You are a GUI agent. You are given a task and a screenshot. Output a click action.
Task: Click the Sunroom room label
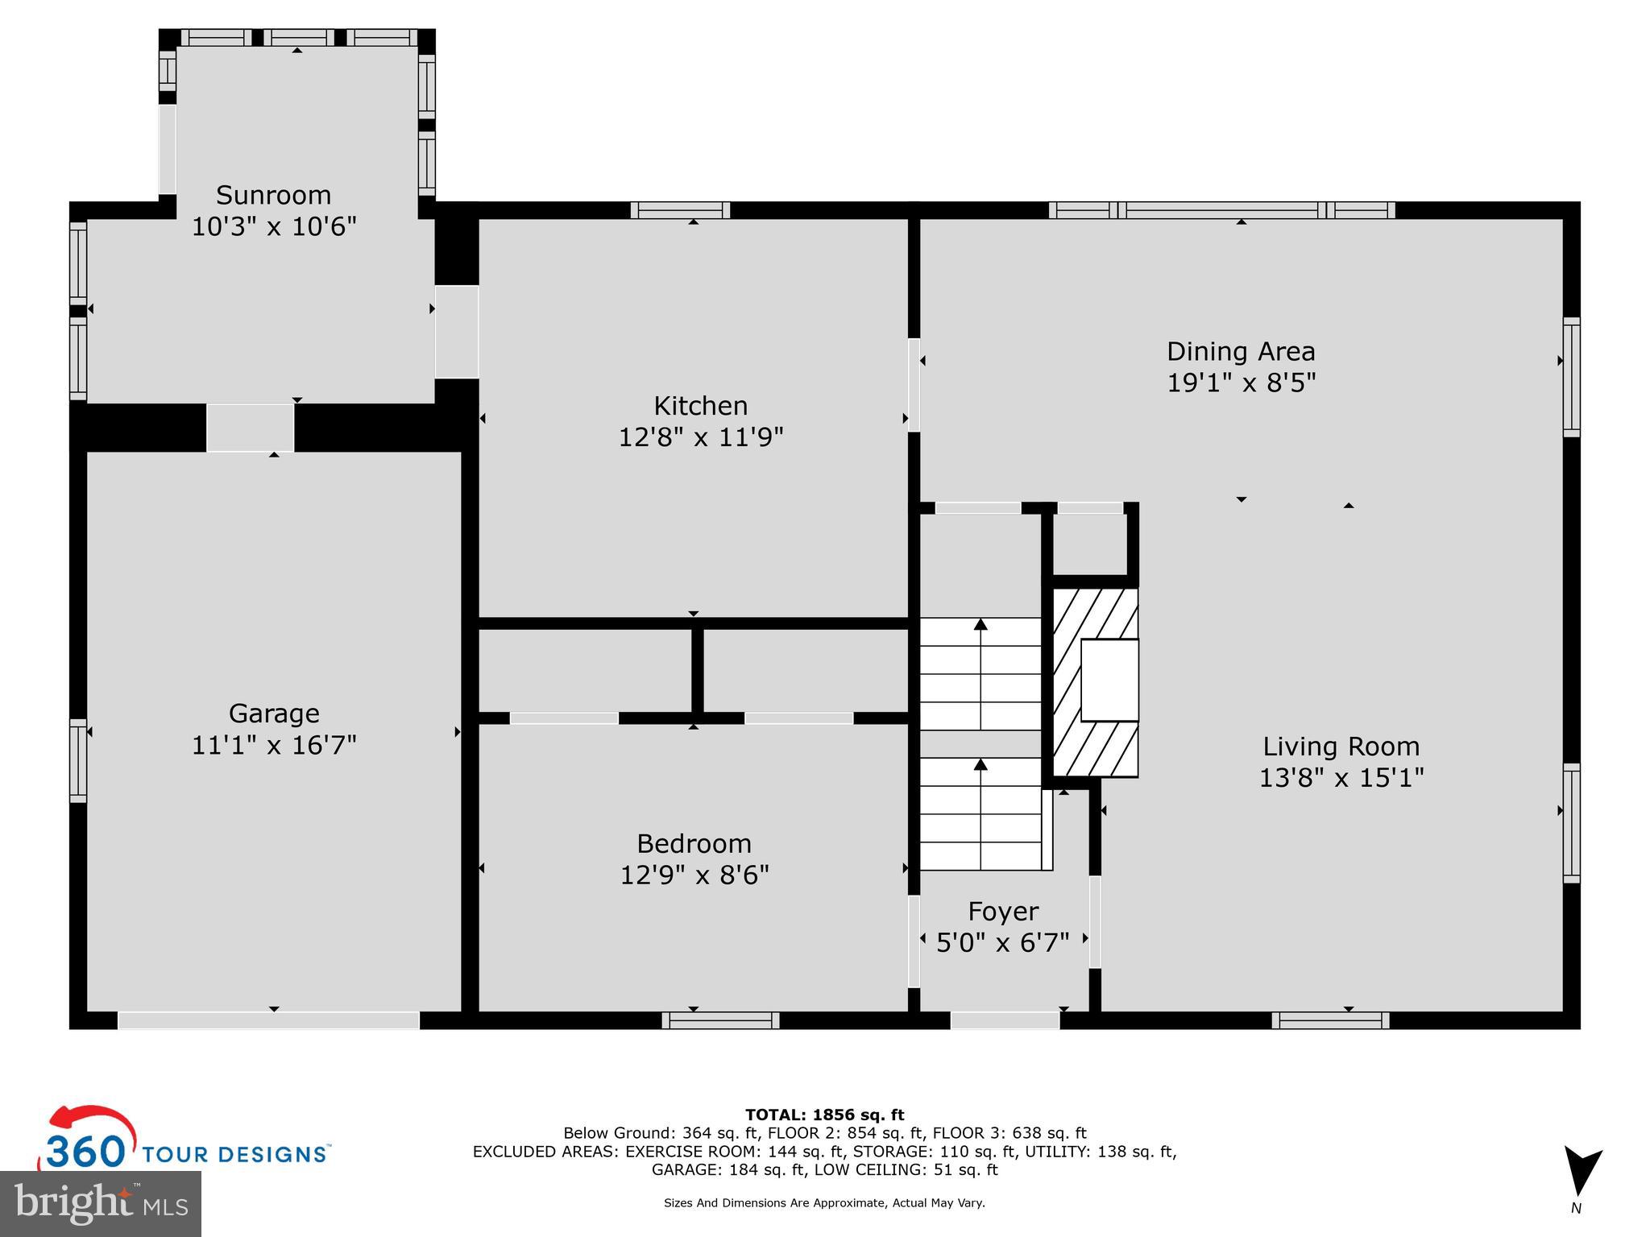(x=273, y=196)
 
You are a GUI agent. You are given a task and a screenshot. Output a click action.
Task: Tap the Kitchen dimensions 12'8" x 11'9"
(x=700, y=437)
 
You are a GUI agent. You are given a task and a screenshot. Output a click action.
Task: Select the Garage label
(x=274, y=714)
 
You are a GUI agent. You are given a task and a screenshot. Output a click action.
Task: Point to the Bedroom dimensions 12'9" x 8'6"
(x=694, y=875)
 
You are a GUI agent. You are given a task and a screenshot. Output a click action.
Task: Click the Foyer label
(x=1003, y=911)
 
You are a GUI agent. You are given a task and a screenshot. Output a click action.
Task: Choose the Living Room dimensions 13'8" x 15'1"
(x=1341, y=778)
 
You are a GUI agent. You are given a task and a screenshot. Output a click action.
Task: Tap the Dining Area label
(x=1241, y=351)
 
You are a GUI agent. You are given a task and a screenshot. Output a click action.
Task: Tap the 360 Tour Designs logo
(x=185, y=1143)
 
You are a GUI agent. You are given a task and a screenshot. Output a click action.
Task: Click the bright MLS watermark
(x=101, y=1203)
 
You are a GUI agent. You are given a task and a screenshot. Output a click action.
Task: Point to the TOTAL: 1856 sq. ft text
(x=824, y=1115)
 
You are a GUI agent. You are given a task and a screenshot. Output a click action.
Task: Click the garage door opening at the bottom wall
(x=268, y=1020)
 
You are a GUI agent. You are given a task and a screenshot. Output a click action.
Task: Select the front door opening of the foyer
(x=1005, y=1020)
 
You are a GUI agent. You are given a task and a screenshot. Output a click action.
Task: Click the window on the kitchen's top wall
(x=680, y=210)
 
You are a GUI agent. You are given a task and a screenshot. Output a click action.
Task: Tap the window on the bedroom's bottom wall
(x=720, y=1020)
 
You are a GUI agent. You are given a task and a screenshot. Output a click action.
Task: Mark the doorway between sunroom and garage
(x=250, y=428)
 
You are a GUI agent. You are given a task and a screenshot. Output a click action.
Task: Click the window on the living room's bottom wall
(x=1330, y=1020)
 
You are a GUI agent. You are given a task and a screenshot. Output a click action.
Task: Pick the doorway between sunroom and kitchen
(x=457, y=331)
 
